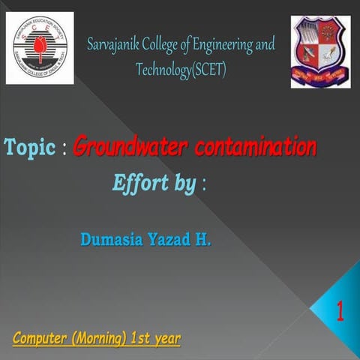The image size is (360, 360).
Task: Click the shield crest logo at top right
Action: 320,52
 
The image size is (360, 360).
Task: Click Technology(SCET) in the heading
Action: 181,70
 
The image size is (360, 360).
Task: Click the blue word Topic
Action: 29,148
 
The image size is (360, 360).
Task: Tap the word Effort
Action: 139,183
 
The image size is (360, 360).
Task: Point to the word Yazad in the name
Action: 170,241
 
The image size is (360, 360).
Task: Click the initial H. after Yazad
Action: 204,241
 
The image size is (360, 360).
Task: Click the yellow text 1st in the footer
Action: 137,338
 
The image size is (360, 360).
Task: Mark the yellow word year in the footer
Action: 166,340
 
